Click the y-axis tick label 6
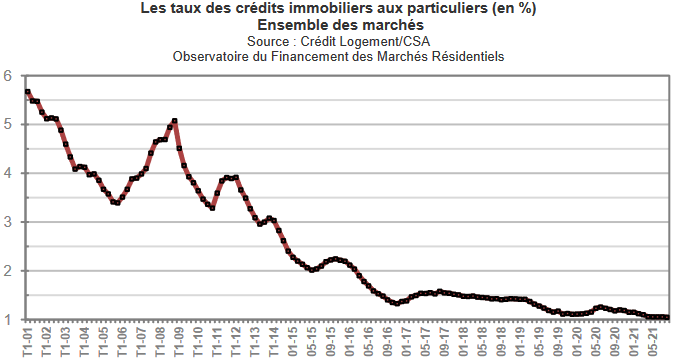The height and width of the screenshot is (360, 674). click(7, 75)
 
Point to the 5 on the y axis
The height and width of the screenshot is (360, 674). click(7, 124)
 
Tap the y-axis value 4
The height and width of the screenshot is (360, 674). click(7, 173)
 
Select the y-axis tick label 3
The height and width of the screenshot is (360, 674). click(7, 222)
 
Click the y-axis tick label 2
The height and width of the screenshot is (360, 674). click(7, 271)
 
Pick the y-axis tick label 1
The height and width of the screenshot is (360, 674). click(7, 320)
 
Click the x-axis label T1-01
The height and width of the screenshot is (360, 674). click(26, 343)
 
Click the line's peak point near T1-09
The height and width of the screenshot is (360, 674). click(175, 121)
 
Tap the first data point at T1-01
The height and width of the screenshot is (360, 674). click(27, 91)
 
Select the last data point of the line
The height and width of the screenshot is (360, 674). click(667, 317)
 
